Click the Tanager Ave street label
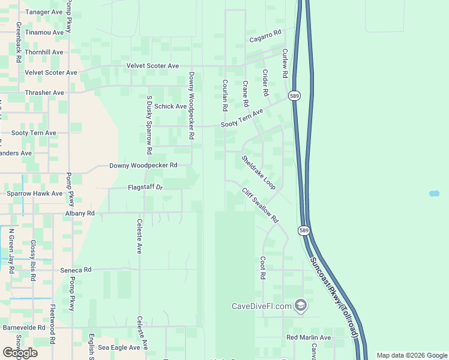[x=43, y=12]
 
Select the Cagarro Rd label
[x=266, y=37]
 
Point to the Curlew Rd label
[x=285, y=64]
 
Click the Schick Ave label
[x=170, y=107]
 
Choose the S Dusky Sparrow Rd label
[x=149, y=124]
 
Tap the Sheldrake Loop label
[x=259, y=173]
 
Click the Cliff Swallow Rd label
[x=261, y=205]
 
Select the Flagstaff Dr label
[x=145, y=187]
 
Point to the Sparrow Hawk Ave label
[x=34, y=194]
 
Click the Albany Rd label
[x=80, y=213]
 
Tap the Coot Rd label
[x=262, y=268]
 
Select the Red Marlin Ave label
[x=309, y=338]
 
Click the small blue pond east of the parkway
[x=434, y=194]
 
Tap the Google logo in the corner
[x=20, y=353]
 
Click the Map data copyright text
[x=411, y=355]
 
